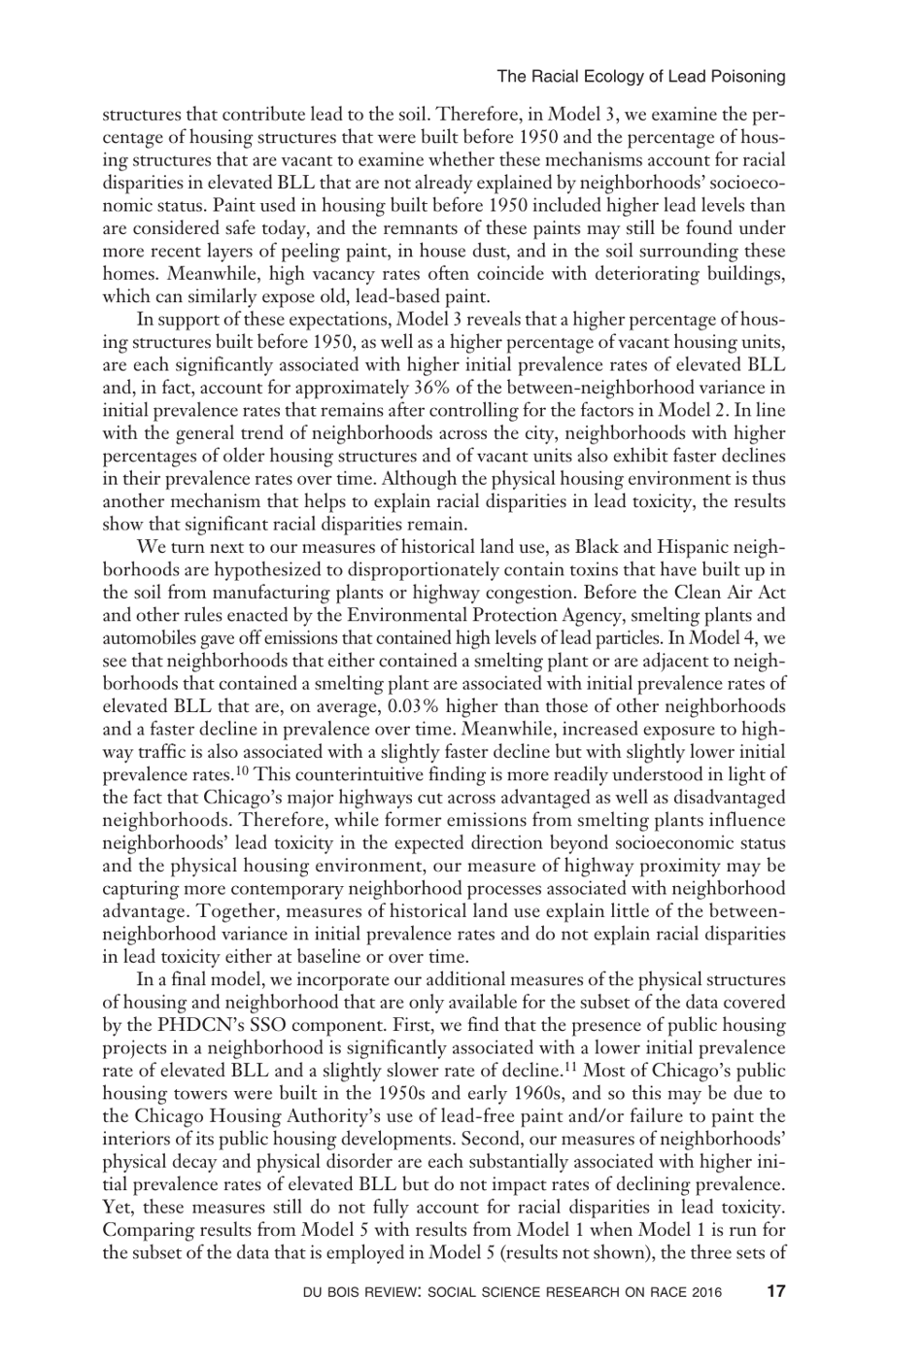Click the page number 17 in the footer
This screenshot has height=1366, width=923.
point(774,1292)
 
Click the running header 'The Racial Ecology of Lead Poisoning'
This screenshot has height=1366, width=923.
point(640,76)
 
